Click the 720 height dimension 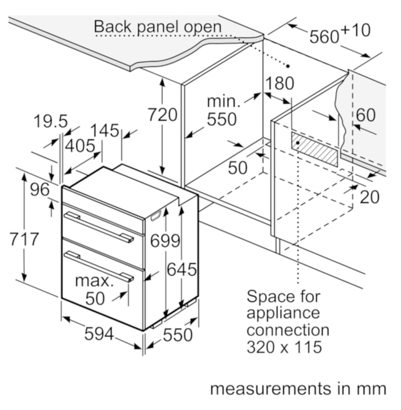(163, 114)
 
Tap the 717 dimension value (24, 239)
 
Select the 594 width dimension (99, 334)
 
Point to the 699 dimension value (165, 241)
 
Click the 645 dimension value (181, 269)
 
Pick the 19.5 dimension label (51, 121)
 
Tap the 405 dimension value (80, 146)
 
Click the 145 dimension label (105, 130)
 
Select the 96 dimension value (40, 189)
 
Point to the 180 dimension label (279, 83)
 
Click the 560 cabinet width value (324, 36)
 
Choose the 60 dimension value (366, 115)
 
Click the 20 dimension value (370, 197)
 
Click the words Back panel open (158, 27)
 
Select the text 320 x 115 (284, 347)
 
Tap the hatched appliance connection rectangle (315, 149)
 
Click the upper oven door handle (99, 227)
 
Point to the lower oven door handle (99, 266)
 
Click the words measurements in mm (298, 389)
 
